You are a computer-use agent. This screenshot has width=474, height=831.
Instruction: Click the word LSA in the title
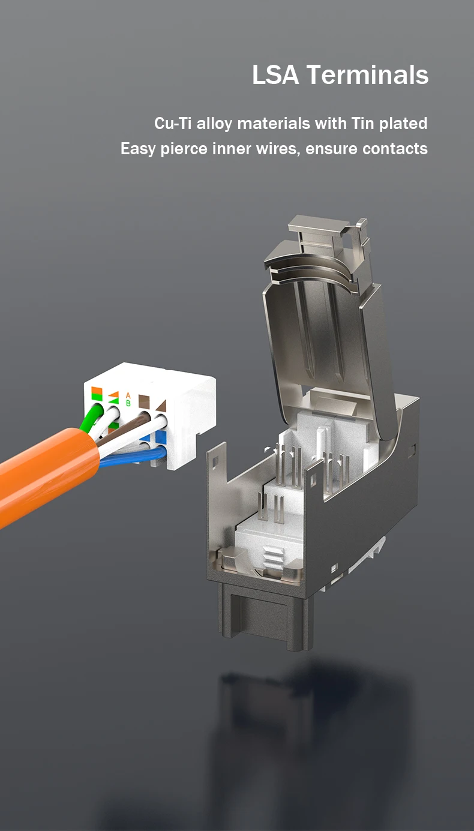275,74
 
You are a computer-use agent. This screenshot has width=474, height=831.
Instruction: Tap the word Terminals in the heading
368,74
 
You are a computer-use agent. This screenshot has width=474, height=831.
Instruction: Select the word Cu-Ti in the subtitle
173,123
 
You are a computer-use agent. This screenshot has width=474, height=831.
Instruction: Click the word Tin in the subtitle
363,123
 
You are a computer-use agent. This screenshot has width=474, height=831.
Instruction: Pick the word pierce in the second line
184,149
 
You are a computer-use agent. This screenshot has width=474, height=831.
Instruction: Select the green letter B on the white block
128,403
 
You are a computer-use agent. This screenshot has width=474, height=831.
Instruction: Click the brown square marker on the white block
144,401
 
